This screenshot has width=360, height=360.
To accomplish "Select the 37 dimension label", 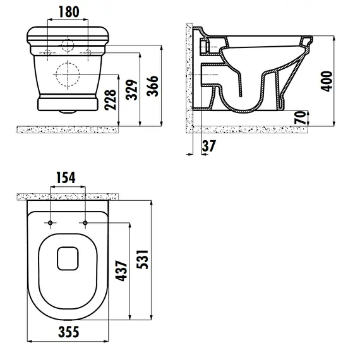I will point(208,146).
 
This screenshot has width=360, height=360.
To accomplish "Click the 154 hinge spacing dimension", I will point(67,178).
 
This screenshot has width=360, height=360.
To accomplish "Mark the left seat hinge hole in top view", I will point(50,223).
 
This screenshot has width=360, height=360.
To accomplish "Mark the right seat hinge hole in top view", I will point(84,223).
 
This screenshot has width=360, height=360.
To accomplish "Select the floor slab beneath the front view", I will point(67,129).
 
